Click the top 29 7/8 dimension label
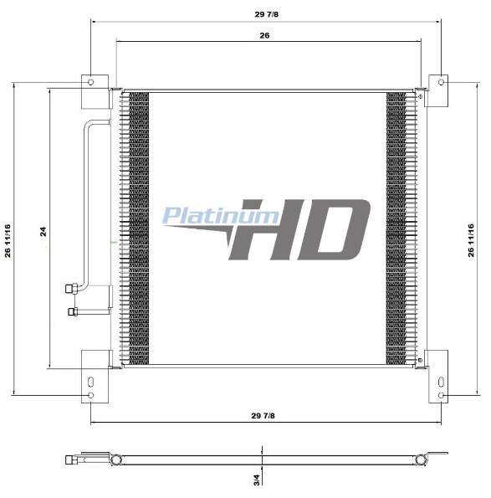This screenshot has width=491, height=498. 266,14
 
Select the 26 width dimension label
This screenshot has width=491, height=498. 264,35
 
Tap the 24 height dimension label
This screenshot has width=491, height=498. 43,231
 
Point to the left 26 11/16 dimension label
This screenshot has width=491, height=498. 8,241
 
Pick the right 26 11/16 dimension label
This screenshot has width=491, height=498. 471,240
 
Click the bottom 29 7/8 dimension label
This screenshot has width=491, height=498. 263,416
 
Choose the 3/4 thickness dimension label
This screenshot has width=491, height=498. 257,480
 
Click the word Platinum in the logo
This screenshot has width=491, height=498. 221,216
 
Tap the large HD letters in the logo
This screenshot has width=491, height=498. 300,229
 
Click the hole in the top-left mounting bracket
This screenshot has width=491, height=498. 91,82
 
